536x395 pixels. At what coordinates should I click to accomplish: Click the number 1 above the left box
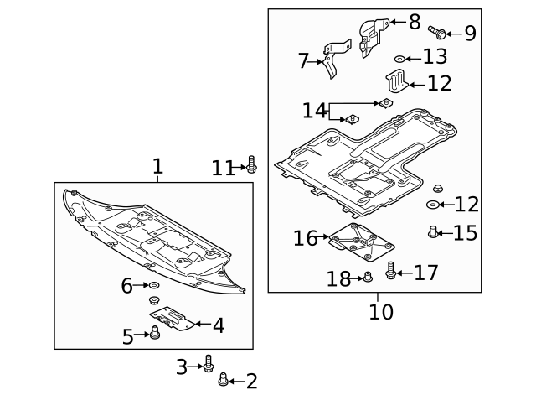click(157, 167)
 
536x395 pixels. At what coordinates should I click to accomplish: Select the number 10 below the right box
click(380, 312)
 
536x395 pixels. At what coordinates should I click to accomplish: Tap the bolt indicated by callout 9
click(436, 32)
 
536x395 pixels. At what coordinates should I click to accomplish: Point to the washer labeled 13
click(400, 58)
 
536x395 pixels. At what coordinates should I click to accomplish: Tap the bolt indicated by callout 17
click(390, 271)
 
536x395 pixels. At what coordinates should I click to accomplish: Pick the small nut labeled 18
click(367, 278)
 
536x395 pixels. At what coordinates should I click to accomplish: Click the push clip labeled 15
click(433, 231)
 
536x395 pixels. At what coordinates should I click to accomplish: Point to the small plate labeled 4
click(173, 318)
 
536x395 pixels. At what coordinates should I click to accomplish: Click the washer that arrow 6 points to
click(154, 287)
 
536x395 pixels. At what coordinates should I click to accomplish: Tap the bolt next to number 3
click(209, 364)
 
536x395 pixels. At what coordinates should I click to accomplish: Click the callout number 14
click(314, 110)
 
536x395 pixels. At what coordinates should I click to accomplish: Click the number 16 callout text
click(305, 239)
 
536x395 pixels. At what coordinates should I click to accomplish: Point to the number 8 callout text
click(415, 23)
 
